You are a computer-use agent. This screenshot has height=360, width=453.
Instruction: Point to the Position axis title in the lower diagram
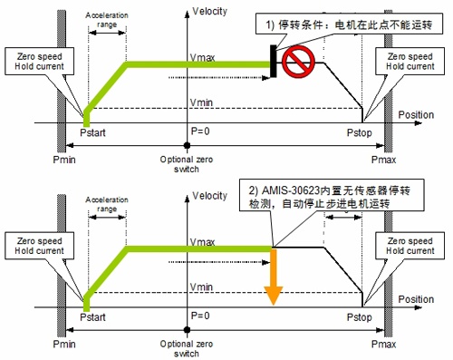(415, 299)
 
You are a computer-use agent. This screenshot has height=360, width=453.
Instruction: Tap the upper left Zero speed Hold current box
(31, 61)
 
